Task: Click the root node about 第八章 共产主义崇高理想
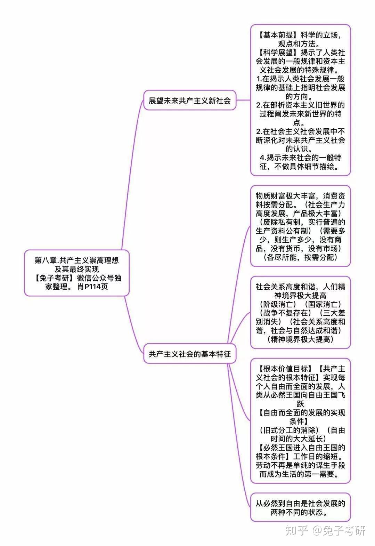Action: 76,273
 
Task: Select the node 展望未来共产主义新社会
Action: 190,101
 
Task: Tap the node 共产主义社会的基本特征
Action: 190,354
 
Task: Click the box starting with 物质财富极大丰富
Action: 300,226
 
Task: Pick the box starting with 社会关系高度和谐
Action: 300,312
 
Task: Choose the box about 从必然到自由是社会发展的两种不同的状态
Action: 300,507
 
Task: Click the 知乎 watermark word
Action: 296,531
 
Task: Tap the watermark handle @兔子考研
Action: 339,531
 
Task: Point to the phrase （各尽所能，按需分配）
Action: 300,257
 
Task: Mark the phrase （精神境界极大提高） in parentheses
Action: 300,339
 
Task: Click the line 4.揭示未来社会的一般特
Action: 300,158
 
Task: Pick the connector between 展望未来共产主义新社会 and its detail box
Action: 243,100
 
